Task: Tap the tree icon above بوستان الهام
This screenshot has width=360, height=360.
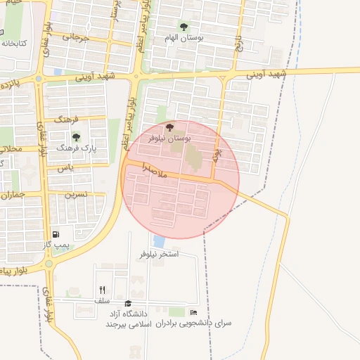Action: click(184, 27)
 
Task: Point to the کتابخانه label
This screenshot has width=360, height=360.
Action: click(13, 43)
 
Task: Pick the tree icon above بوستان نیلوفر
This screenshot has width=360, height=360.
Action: click(169, 127)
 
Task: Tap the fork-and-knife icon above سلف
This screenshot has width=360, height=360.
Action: click(103, 290)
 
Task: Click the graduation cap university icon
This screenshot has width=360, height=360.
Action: click(128, 303)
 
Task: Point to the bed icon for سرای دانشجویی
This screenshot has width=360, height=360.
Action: click(194, 312)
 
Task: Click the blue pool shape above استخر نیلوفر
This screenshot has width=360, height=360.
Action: click(159, 241)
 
